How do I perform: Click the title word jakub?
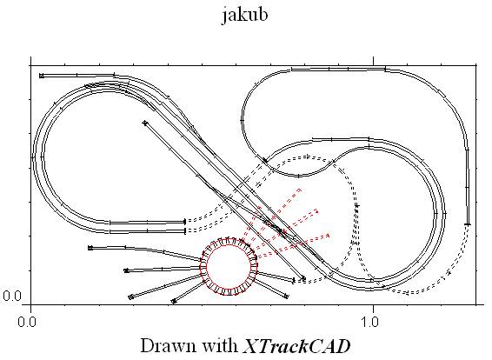pyautogui.click(x=245, y=16)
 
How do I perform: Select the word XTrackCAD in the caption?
pyautogui.click(x=296, y=346)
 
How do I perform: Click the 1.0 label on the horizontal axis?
pyautogui.click(x=369, y=322)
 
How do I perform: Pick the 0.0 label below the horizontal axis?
pyautogui.click(x=27, y=322)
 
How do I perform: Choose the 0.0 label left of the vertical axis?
pyautogui.click(x=12, y=296)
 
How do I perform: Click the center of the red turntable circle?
pyautogui.click(x=229, y=266)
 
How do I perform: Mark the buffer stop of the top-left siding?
pyautogui.click(x=42, y=76)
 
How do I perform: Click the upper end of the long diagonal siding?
pyautogui.click(x=144, y=123)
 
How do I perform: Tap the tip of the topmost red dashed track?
pyautogui.click(x=300, y=190)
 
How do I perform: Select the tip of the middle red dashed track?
pyautogui.click(x=317, y=210)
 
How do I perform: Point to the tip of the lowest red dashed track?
pyautogui.click(x=329, y=235)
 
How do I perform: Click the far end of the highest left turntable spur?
pyautogui.click(x=90, y=248)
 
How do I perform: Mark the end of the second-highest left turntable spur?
pyautogui.click(x=126, y=270)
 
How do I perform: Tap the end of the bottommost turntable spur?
pyautogui.click(x=174, y=302)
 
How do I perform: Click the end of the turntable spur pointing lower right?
pyautogui.click(x=286, y=296)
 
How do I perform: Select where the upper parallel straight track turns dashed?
pyautogui.click(x=185, y=222)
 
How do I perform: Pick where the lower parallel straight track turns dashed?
pyautogui.click(x=185, y=231)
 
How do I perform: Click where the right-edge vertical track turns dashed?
pyautogui.click(x=468, y=224)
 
